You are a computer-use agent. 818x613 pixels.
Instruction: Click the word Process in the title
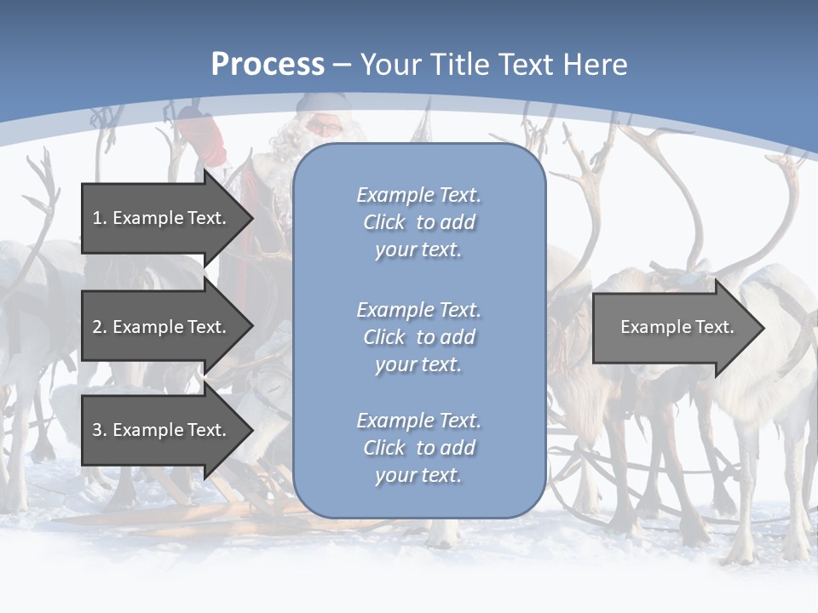[x=268, y=65]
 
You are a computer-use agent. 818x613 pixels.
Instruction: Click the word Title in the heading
[x=462, y=65]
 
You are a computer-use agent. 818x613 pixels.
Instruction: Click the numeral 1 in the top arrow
[x=97, y=218]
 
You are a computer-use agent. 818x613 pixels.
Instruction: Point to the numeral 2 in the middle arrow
[x=97, y=327]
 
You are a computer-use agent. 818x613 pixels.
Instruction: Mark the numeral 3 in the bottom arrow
[x=97, y=430]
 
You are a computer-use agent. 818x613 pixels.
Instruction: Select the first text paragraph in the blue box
[x=418, y=222]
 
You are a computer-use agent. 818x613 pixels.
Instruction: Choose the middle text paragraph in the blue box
[x=418, y=337]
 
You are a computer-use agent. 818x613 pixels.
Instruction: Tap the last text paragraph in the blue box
[x=418, y=448]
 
